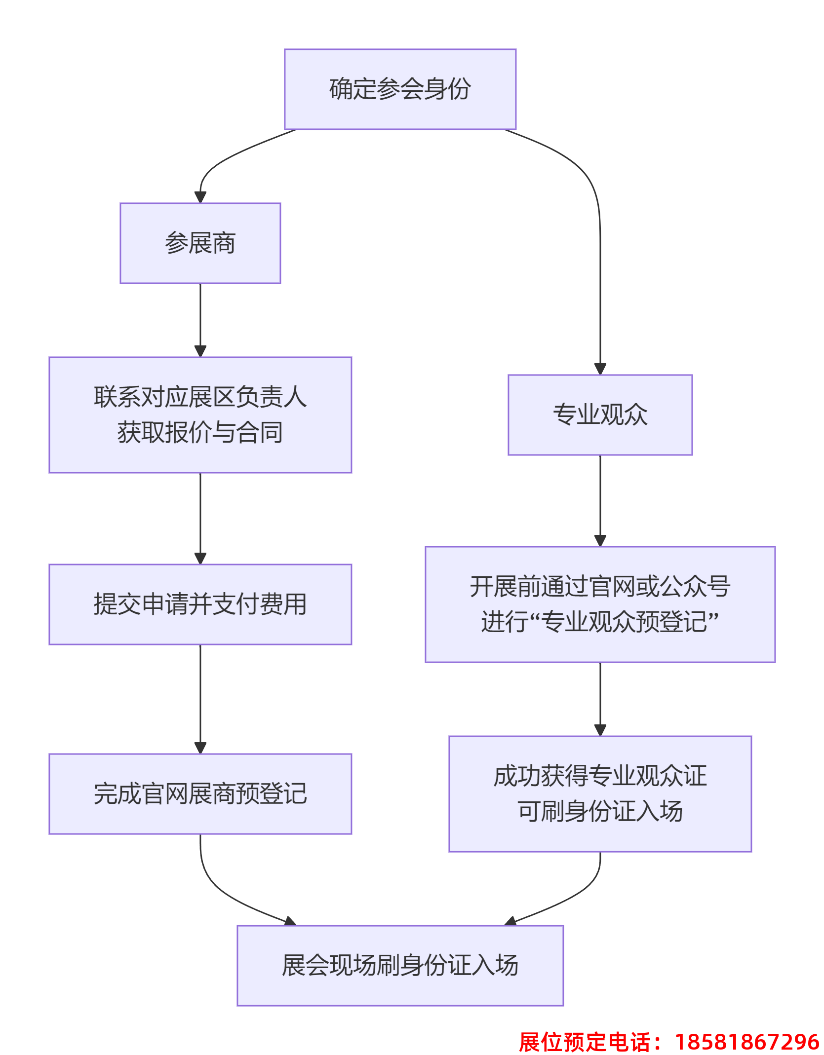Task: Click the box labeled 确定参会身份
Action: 400,89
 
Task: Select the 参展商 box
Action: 200,243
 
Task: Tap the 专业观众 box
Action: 600,414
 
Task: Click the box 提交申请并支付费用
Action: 200,604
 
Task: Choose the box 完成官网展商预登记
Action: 200,793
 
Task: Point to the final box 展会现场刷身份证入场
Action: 400,965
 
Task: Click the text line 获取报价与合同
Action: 200,432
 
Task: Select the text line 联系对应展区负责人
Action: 200,397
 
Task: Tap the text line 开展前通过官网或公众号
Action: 600,586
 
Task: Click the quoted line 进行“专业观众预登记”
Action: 600,622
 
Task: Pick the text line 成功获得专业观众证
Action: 600,776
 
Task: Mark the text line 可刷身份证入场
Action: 600,811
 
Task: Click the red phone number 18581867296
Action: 746,1042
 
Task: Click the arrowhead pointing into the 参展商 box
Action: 200,197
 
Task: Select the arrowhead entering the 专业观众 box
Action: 600,369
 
